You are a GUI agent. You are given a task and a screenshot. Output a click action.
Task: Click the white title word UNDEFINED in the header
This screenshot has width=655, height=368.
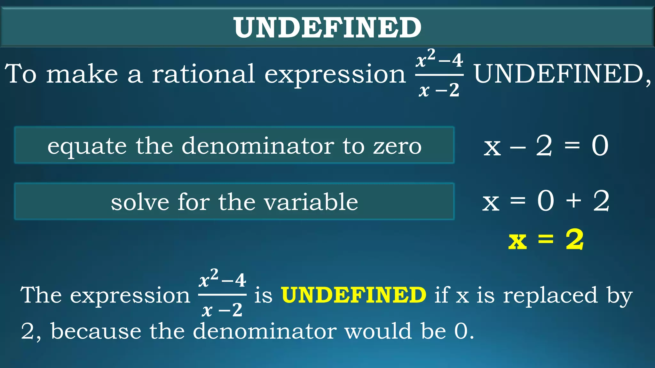click(x=327, y=27)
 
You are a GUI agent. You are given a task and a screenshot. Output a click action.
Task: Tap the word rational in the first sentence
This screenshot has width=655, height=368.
click(x=203, y=74)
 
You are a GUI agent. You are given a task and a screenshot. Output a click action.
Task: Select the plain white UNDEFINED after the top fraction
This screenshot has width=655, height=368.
click(x=561, y=74)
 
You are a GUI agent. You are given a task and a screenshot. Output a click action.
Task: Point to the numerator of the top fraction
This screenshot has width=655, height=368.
click(x=439, y=59)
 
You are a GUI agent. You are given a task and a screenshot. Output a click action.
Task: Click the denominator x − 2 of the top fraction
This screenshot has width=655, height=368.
click(x=439, y=90)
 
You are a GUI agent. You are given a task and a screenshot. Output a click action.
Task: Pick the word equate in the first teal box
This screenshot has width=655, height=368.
click(x=87, y=146)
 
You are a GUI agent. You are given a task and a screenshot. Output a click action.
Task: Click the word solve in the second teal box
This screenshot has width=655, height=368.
click(x=140, y=203)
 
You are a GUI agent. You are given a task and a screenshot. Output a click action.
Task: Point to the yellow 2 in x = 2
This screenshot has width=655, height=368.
click(x=575, y=239)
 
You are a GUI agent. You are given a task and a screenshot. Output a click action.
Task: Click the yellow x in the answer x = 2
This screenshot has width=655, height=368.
click(x=517, y=241)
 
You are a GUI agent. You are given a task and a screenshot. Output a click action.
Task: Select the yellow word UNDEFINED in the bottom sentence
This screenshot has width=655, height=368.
click(x=353, y=295)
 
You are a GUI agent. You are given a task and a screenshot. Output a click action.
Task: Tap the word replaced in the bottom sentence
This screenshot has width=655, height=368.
click(x=550, y=295)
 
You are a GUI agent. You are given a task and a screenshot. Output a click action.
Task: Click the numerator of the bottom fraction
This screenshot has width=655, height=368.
click(x=222, y=279)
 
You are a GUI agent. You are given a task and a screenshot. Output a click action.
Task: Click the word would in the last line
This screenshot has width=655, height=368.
click(x=378, y=331)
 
